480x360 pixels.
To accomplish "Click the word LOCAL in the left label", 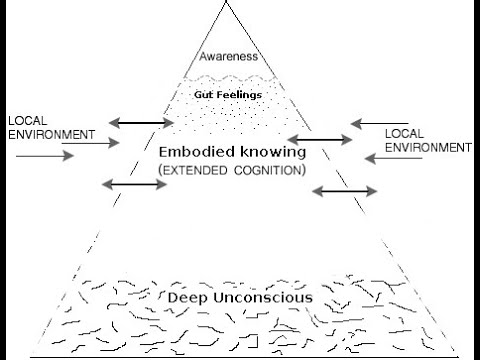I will pyautogui.click(x=26, y=120).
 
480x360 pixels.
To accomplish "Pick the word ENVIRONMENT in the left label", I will pyautogui.click(x=49, y=134).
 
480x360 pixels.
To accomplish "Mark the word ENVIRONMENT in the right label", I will pyautogui.click(x=428, y=147).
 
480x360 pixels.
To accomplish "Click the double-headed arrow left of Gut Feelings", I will pyautogui.click(x=141, y=122).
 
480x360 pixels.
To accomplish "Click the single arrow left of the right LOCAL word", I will pyautogui.click(x=365, y=124).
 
